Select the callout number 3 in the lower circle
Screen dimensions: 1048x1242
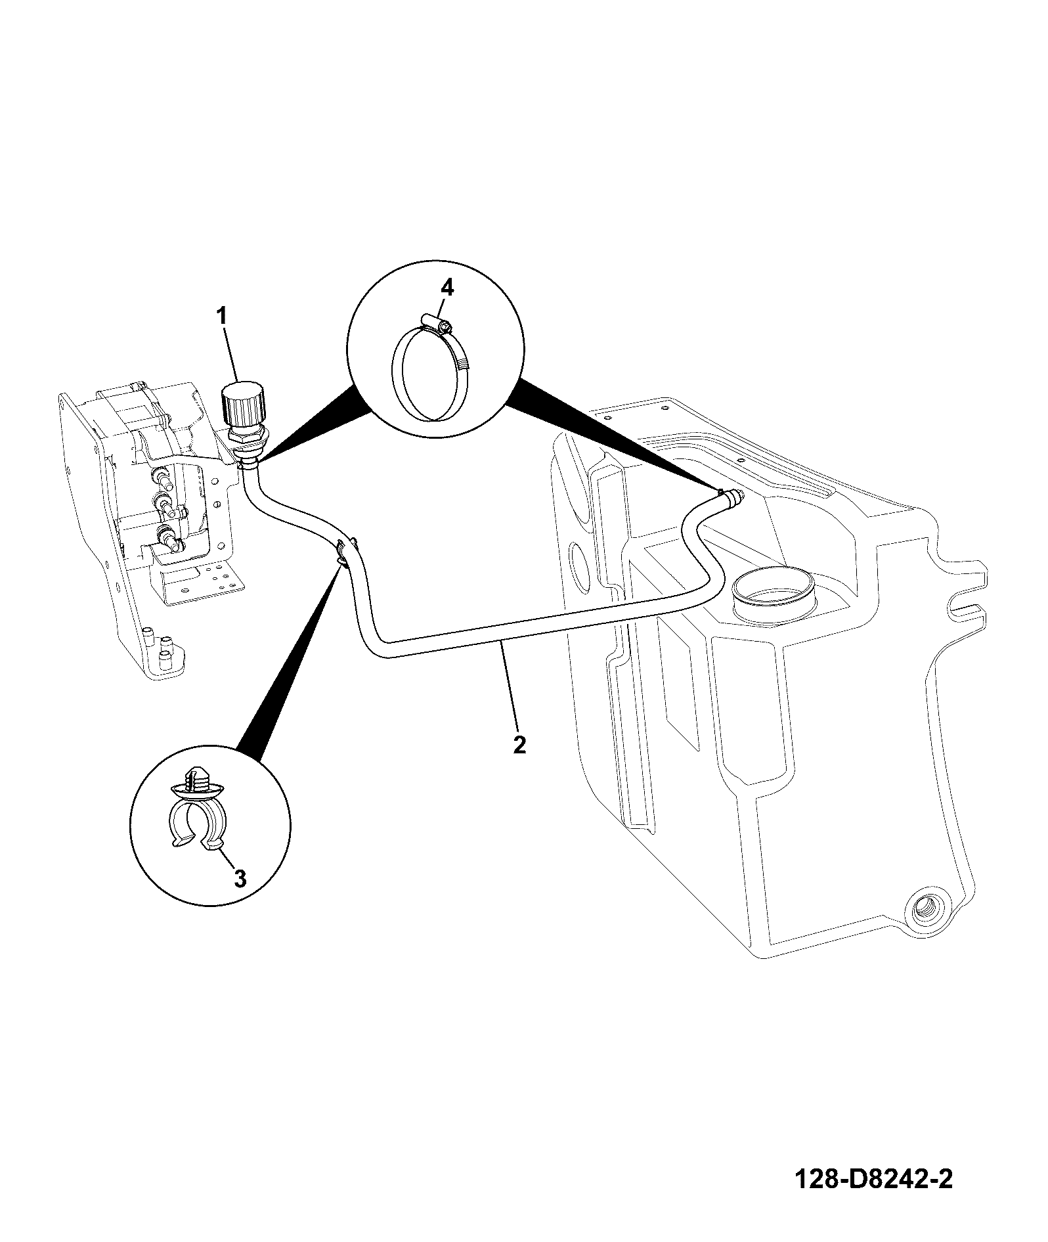(x=240, y=877)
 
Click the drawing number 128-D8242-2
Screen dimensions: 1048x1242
(x=873, y=1180)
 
